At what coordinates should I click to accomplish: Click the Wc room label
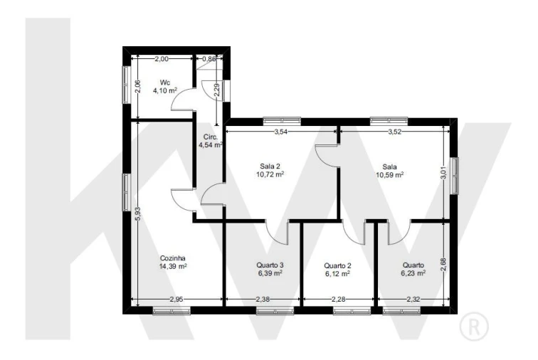(165, 83)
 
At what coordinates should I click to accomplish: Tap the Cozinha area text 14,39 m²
(173, 266)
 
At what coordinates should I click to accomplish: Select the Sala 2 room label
(270, 166)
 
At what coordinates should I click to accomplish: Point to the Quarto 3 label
(270, 265)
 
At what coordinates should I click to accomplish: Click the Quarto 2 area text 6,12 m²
(337, 273)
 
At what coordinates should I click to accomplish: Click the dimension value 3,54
(280, 132)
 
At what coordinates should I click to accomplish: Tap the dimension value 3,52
(394, 132)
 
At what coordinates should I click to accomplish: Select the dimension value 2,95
(176, 300)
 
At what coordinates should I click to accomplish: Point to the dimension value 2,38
(263, 300)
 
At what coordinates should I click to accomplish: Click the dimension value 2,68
(443, 264)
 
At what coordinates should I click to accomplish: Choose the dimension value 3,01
(443, 173)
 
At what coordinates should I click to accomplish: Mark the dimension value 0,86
(209, 58)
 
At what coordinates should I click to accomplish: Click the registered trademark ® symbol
(474, 327)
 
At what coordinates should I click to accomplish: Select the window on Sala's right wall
(454, 176)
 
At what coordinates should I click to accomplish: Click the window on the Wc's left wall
(127, 85)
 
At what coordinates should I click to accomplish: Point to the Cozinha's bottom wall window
(172, 311)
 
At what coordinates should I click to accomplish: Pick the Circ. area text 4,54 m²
(211, 145)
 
